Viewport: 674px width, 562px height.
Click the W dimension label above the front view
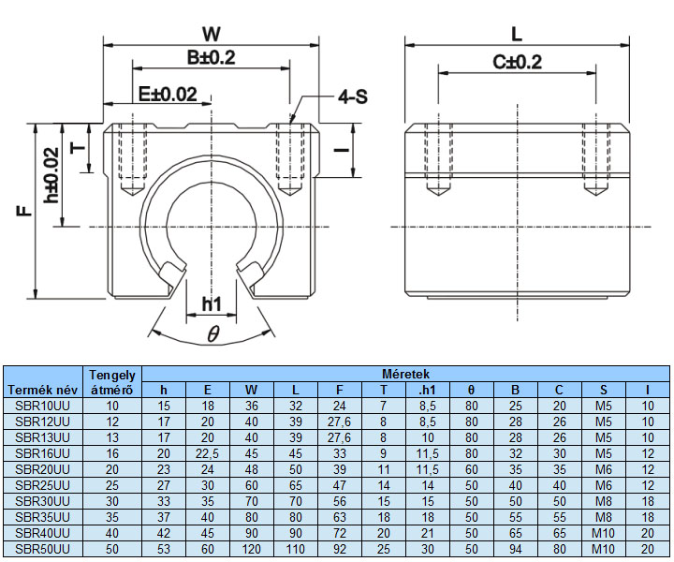tap(212, 34)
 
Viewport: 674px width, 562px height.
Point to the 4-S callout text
tap(351, 96)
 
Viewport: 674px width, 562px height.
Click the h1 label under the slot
tap(212, 303)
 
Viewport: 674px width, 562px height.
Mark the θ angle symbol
tap(212, 333)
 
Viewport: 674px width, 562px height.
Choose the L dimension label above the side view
tap(517, 34)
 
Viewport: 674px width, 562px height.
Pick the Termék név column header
tap(42, 389)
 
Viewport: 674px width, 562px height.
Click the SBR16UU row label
tap(42, 452)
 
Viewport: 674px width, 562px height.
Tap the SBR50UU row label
tap(42, 548)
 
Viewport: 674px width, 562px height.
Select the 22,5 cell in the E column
tap(208, 452)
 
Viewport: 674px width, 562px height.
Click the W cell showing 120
tap(252, 548)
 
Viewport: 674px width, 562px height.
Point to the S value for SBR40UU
tap(603, 532)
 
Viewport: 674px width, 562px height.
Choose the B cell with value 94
tap(515, 548)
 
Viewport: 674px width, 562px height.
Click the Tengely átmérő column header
tap(112, 382)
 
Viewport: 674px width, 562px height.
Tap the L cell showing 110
tap(296, 548)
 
